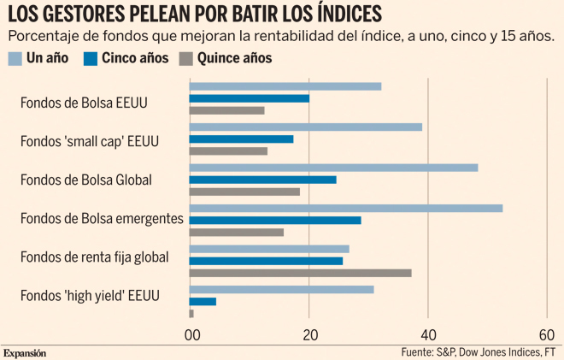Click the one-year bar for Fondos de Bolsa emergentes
point(345,208)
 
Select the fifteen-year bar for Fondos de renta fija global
point(300,273)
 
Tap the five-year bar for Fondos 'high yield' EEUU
point(203,301)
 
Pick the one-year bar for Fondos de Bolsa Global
point(333,168)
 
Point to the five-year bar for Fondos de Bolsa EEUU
point(249,98)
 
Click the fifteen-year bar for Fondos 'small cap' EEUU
point(228,151)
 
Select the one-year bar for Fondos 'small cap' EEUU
point(305,127)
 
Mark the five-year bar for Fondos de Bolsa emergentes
point(274,221)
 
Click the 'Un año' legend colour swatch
point(15,59)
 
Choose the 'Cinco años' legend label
point(133,59)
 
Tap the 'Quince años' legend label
point(234,59)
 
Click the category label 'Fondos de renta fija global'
point(94,257)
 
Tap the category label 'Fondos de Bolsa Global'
point(85,180)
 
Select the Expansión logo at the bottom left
point(25,352)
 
